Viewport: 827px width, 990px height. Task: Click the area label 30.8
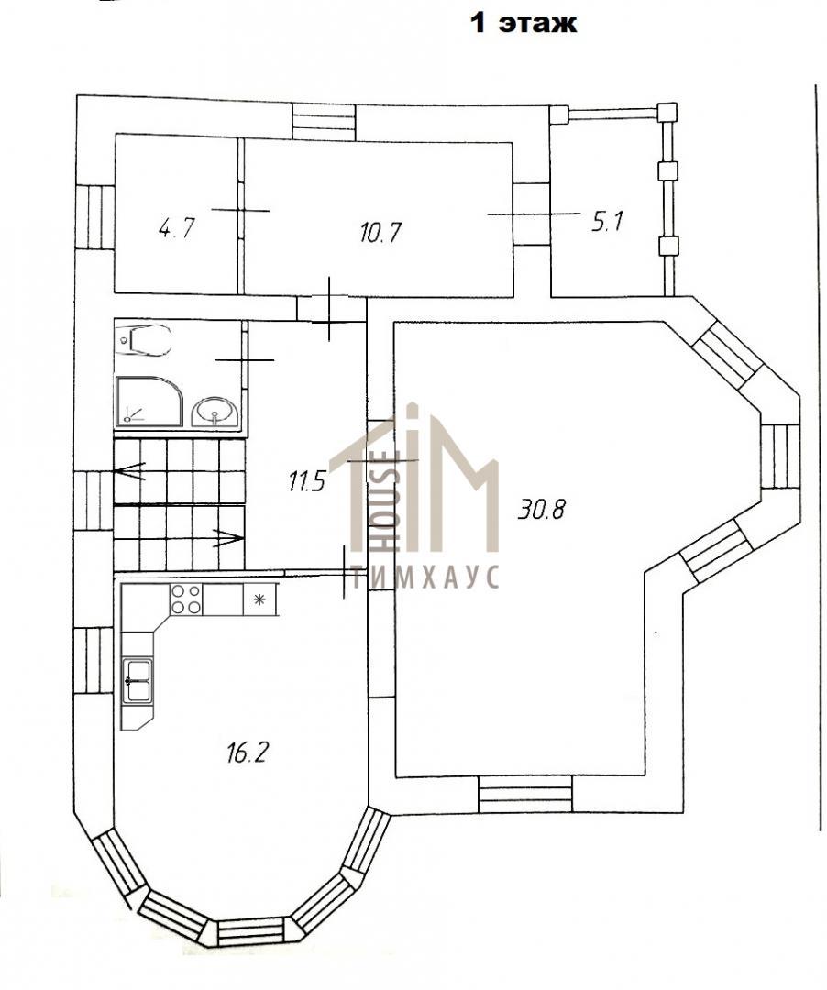[x=541, y=509]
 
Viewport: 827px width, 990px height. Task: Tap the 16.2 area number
[x=248, y=753]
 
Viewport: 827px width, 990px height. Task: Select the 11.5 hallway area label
[x=306, y=482]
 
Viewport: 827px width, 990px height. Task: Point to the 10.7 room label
[x=380, y=232]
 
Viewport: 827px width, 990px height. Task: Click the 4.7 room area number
[x=176, y=227]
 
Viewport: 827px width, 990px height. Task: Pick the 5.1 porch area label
[x=607, y=222]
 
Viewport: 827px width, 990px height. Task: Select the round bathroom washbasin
[x=215, y=412]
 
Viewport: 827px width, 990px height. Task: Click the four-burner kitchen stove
[x=186, y=599]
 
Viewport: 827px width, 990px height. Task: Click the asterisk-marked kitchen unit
[x=259, y=599]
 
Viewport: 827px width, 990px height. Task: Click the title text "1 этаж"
[x=524, y=23]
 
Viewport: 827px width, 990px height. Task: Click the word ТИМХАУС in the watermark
[x=425, y=577]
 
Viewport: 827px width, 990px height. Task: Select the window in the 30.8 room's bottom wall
[x=525, y=794]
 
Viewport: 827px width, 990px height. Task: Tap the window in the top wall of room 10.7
[x=325, y=123]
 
